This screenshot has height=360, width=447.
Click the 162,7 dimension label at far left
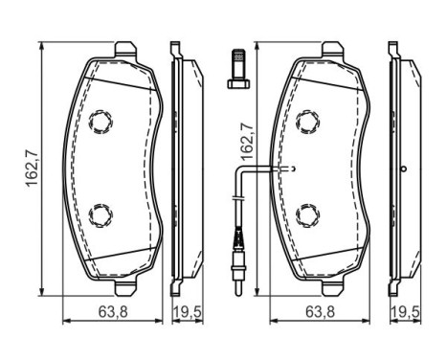click(32, 169)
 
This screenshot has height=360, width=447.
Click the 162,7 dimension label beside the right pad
click(247, 142)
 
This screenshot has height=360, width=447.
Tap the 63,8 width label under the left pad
click(113, 312)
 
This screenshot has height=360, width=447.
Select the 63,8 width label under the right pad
click(320, 312)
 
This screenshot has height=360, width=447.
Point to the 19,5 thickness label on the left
click(188, 312)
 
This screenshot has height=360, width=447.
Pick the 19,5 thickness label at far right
click(405, 312)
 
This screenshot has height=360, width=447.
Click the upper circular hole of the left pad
click(101, 122)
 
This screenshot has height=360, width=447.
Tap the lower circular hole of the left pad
click(101, 215)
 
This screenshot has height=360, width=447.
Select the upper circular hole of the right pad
click(308, 122)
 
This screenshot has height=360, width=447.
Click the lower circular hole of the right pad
click(308, 215)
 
